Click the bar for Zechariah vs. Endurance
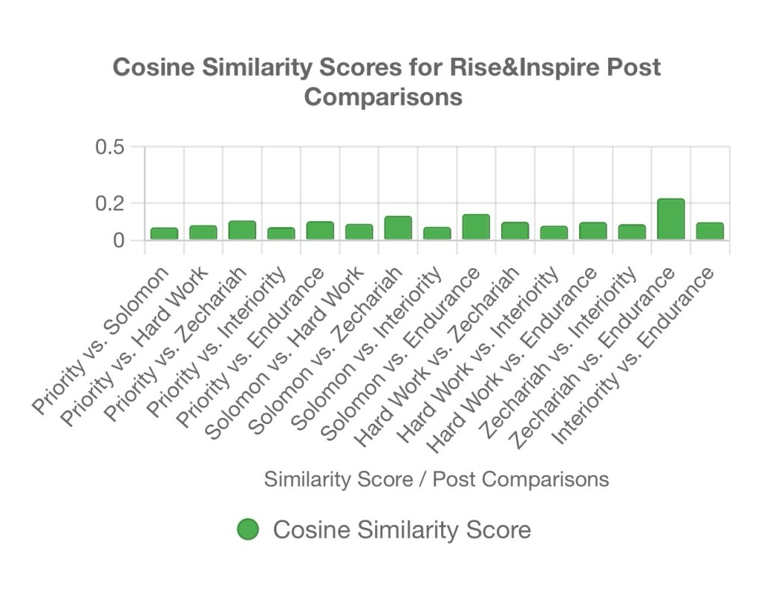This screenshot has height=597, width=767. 670,219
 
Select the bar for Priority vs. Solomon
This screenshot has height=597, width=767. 164,234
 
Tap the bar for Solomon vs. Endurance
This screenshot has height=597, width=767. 476,227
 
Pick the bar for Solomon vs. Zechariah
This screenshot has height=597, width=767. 398,228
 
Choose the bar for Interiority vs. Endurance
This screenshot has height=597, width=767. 709,231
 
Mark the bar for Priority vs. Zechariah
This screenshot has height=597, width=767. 242,230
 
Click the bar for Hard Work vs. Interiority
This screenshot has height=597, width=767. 554,233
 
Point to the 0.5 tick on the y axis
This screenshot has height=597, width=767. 109,147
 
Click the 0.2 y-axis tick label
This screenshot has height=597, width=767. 109,203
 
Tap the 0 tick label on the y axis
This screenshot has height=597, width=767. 118,240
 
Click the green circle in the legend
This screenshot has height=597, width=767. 248,530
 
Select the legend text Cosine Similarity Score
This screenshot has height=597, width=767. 401,530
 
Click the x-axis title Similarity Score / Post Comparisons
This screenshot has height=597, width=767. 436,479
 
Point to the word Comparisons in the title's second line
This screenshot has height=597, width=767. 383,97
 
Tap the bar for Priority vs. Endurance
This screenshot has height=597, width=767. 320,231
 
